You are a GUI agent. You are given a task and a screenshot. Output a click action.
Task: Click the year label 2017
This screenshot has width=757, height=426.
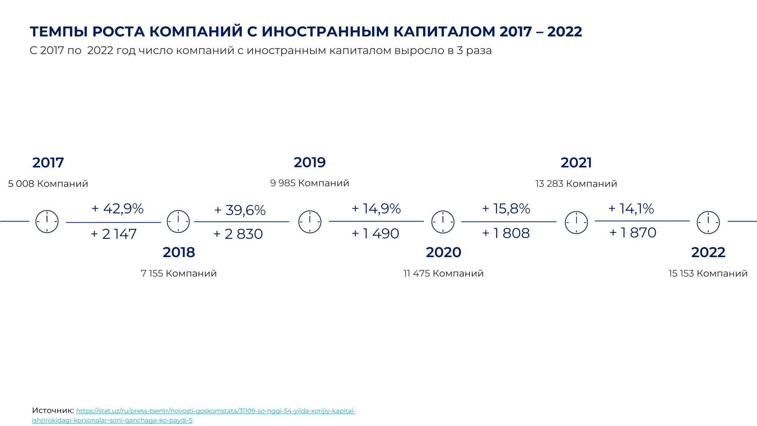click(48, 163)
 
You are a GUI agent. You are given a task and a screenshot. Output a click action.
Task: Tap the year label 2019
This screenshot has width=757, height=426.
click(310, 162)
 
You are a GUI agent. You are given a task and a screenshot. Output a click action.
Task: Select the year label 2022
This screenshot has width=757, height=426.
click(708, 253)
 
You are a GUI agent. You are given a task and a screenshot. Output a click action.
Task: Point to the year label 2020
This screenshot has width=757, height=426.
click(443, 253)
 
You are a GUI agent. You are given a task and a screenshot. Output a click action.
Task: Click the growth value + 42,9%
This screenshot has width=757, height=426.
click(117, 209)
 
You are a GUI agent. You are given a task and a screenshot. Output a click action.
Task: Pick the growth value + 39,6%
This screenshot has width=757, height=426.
click(240, 210)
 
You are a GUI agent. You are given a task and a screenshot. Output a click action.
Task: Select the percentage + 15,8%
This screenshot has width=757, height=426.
click(506, 209)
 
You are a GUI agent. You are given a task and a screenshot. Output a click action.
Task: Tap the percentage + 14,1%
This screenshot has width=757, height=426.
click(631, 209)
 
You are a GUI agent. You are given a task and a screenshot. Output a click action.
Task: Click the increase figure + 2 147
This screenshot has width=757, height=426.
click(114, 234)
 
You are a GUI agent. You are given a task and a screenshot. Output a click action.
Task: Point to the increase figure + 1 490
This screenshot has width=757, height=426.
click(375, 234)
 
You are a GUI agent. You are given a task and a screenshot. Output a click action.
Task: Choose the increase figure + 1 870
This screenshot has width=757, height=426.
click(633, 233)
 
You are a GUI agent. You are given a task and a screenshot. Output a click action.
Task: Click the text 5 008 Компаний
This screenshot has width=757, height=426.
click(48, 184)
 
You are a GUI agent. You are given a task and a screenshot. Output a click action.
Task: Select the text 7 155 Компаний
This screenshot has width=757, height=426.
click(179, 273)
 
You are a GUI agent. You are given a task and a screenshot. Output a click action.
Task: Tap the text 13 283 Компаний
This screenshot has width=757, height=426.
click(576, 184)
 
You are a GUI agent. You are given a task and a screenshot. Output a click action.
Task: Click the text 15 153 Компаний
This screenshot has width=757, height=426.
click(708, 273)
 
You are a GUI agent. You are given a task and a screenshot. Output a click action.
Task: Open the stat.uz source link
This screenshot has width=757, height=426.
click(194, 415)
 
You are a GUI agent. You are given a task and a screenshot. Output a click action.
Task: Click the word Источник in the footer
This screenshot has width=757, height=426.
click(53, 410)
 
